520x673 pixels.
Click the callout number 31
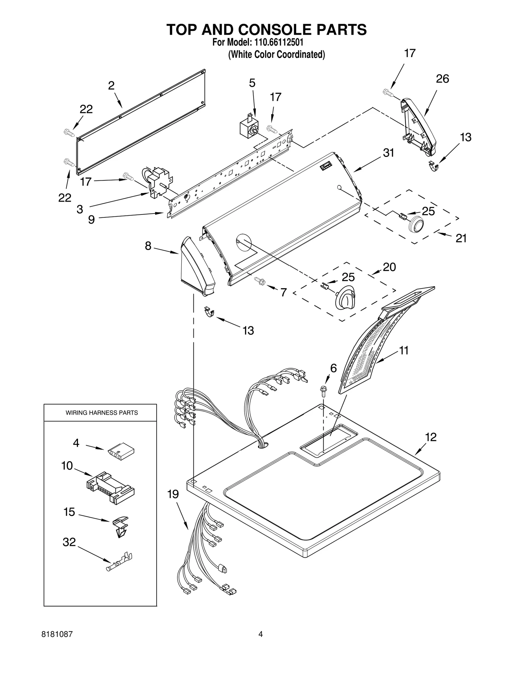(388, 153)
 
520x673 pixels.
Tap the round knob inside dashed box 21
(416, 225)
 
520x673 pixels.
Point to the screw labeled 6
(324, 392)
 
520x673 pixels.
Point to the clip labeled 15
(120, 527)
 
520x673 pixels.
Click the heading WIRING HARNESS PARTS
(102, 413)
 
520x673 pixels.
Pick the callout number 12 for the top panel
(431, 437)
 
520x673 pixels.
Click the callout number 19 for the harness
(173, 494)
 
